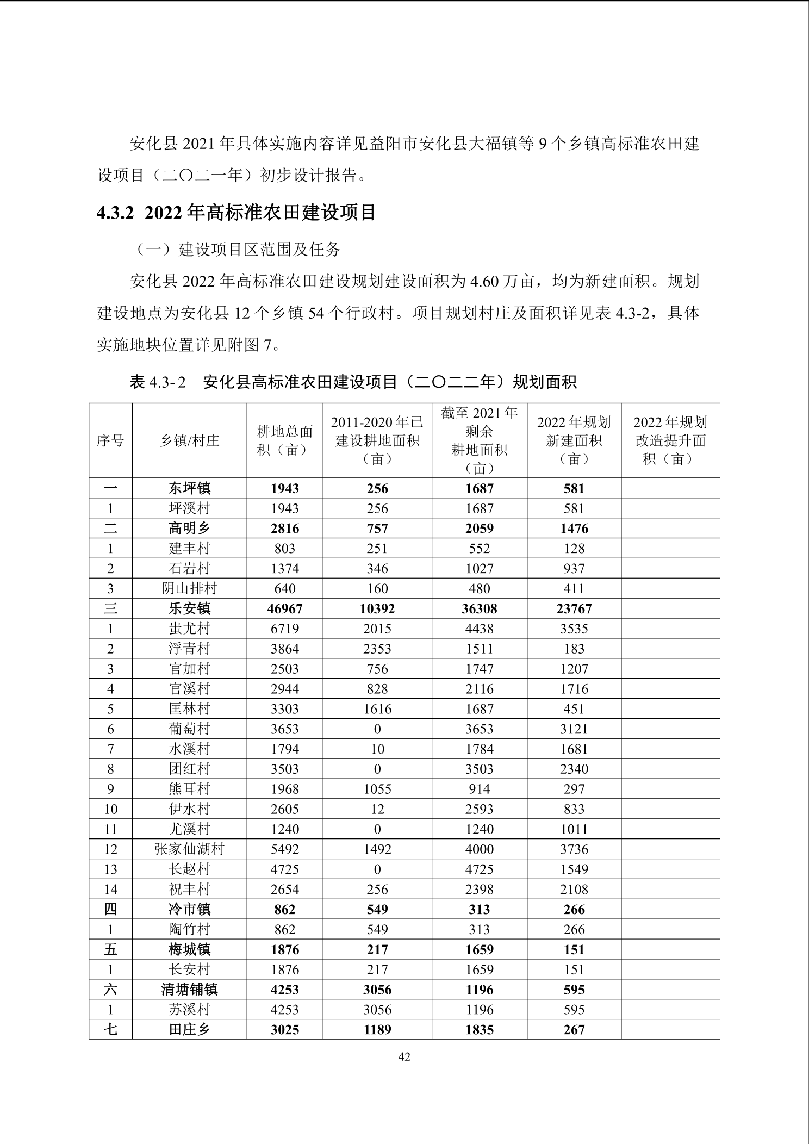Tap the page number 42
point(404,1056)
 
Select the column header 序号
point(110,440)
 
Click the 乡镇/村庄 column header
point(189,440)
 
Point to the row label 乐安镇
point(189,608)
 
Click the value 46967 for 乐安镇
point(285,608)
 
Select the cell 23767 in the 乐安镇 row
point(574,608)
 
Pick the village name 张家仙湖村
point(189,849)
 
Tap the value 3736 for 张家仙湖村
point(574,849)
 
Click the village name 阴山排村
point(189,588)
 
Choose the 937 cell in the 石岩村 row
point(574,568)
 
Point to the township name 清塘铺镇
point(189,990)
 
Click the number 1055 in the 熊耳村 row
point(377,789)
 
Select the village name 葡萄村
point(189,729)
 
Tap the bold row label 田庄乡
point(189,1030)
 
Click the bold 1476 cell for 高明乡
point(574,529)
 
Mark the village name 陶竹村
point(189,929)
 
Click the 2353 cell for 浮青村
point(377,649)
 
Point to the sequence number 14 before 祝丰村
point(110,890)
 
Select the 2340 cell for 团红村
point(574,769)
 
